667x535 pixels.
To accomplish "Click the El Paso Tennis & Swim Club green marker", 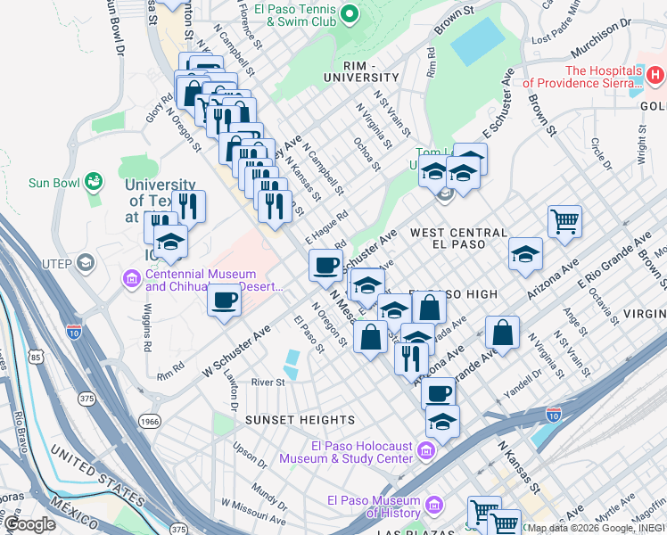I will pyautogui.click(x=350, y=13).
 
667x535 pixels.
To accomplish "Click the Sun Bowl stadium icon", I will pyautogui.click(x=93, y=183).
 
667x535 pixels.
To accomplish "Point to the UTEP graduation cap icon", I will pyautogui.click(x=85, y=262).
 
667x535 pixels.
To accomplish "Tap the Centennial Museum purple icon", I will pyautogui.click(x=132, y=281).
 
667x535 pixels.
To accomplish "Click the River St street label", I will pyautogui.click(x=268, y=383).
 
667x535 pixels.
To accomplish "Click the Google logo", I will pyautogui.click(x=29, y=524).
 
